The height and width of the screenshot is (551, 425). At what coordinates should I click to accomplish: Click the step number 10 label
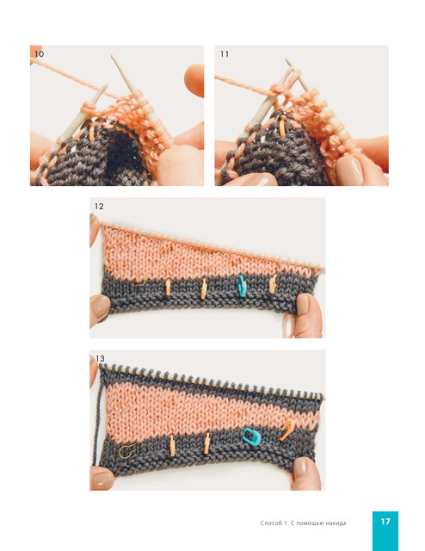tap(39, 53)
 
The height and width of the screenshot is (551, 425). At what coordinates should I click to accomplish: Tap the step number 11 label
tap(225, 53)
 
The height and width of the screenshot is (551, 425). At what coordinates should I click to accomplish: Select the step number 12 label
tap(99, 207)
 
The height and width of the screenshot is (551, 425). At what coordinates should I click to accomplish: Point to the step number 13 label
tap(100, 358)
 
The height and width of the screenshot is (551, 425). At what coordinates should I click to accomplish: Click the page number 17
tap(385, 522)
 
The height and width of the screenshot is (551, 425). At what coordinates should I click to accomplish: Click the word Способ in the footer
tap(271, 523)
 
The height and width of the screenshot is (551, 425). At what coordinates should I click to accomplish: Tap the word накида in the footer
tap(336, 523)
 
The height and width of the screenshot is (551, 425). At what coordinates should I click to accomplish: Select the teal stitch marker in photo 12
tap(241, 285)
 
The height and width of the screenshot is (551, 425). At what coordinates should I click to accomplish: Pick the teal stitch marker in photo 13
tap(252, 437)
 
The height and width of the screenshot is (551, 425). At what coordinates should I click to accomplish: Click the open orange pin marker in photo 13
tap(287, 430)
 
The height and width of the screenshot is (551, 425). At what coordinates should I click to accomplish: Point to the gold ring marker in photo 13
tap(127, 451)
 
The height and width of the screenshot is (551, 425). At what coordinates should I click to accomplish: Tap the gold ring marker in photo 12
tap(140, 282)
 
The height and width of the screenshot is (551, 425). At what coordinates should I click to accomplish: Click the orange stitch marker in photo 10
tap(92, 134)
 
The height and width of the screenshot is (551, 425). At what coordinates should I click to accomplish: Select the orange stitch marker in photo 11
tap(282, 128)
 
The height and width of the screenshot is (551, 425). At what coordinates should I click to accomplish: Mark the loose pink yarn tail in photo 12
tap(288, 325)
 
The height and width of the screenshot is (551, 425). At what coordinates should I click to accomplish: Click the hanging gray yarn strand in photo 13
tap(97, 422)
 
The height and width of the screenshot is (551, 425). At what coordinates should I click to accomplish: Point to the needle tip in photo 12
tap(322, 269)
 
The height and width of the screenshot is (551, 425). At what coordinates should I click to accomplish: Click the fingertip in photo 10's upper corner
tap(194, 80)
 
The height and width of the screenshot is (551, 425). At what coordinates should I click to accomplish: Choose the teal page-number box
tap(385, 531)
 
